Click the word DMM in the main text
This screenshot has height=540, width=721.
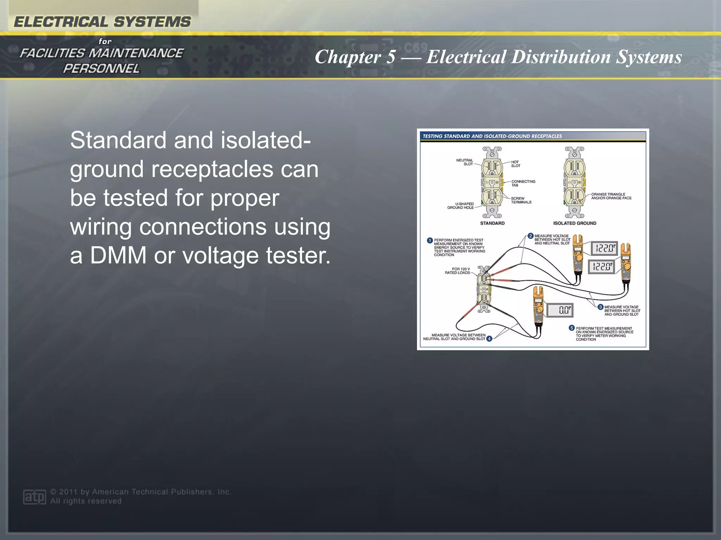[x=118, y=255]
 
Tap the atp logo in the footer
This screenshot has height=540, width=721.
[x=34, y=496]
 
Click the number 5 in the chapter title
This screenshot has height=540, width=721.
[x=390, y=57]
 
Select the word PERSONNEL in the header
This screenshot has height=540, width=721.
[x=101, y=69]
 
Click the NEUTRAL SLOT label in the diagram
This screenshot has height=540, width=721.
[x=464, y=162]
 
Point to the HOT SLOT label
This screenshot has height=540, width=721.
[x=515, y=164]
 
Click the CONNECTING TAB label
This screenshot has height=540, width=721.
[x=523, y=183]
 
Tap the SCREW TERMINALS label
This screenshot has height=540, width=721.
[x=521, y=200]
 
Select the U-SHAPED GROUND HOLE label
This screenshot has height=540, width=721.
[x=460, y=206]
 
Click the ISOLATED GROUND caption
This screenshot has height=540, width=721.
[x=575, y=223]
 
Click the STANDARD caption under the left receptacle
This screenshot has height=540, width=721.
[x=492, y=223]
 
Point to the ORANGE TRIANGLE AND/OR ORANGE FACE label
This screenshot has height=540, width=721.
[x=611, y=196]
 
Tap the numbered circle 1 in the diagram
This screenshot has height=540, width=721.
[x=430, y=240]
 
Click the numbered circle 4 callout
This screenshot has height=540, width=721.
[x=489, y=339]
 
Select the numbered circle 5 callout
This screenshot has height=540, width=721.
[x=571, y=328]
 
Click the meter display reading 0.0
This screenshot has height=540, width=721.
[x=560, y=310]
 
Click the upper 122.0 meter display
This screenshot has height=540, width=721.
[x=604, y=248]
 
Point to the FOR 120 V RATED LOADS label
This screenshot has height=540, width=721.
[x=457, y=271]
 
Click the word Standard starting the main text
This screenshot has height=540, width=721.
[x=118, y=140]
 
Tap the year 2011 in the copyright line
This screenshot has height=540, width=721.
[x=68, y=492]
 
